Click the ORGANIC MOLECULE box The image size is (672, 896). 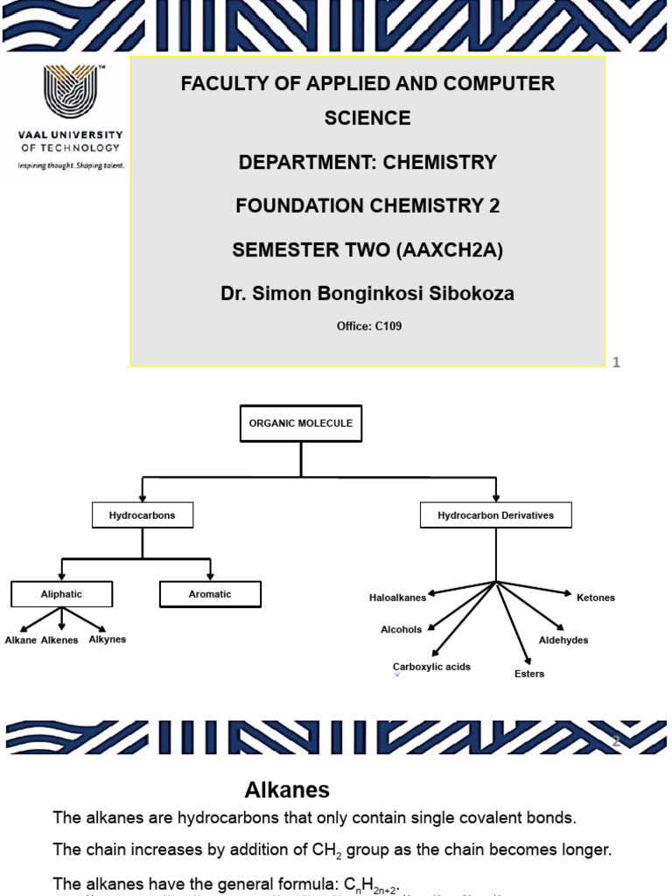(300, 424)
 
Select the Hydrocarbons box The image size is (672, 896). (142, 515)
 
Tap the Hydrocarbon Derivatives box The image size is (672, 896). (496, 515)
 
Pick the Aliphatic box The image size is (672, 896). (61, 594)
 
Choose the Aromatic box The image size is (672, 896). (210, 594)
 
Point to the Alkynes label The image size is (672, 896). (108, 640)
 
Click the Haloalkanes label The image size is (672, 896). (397, 598)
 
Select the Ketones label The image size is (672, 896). (596, 598)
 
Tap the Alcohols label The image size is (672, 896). (401, 629)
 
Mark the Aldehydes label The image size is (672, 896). (563, 640)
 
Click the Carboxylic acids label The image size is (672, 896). (431, 667)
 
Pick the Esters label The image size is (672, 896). (529, 674)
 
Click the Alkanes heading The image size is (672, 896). (286, 791)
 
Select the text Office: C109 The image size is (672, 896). (369, 326)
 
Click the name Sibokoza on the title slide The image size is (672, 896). (475, 295)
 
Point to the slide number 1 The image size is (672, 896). (616, 362)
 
